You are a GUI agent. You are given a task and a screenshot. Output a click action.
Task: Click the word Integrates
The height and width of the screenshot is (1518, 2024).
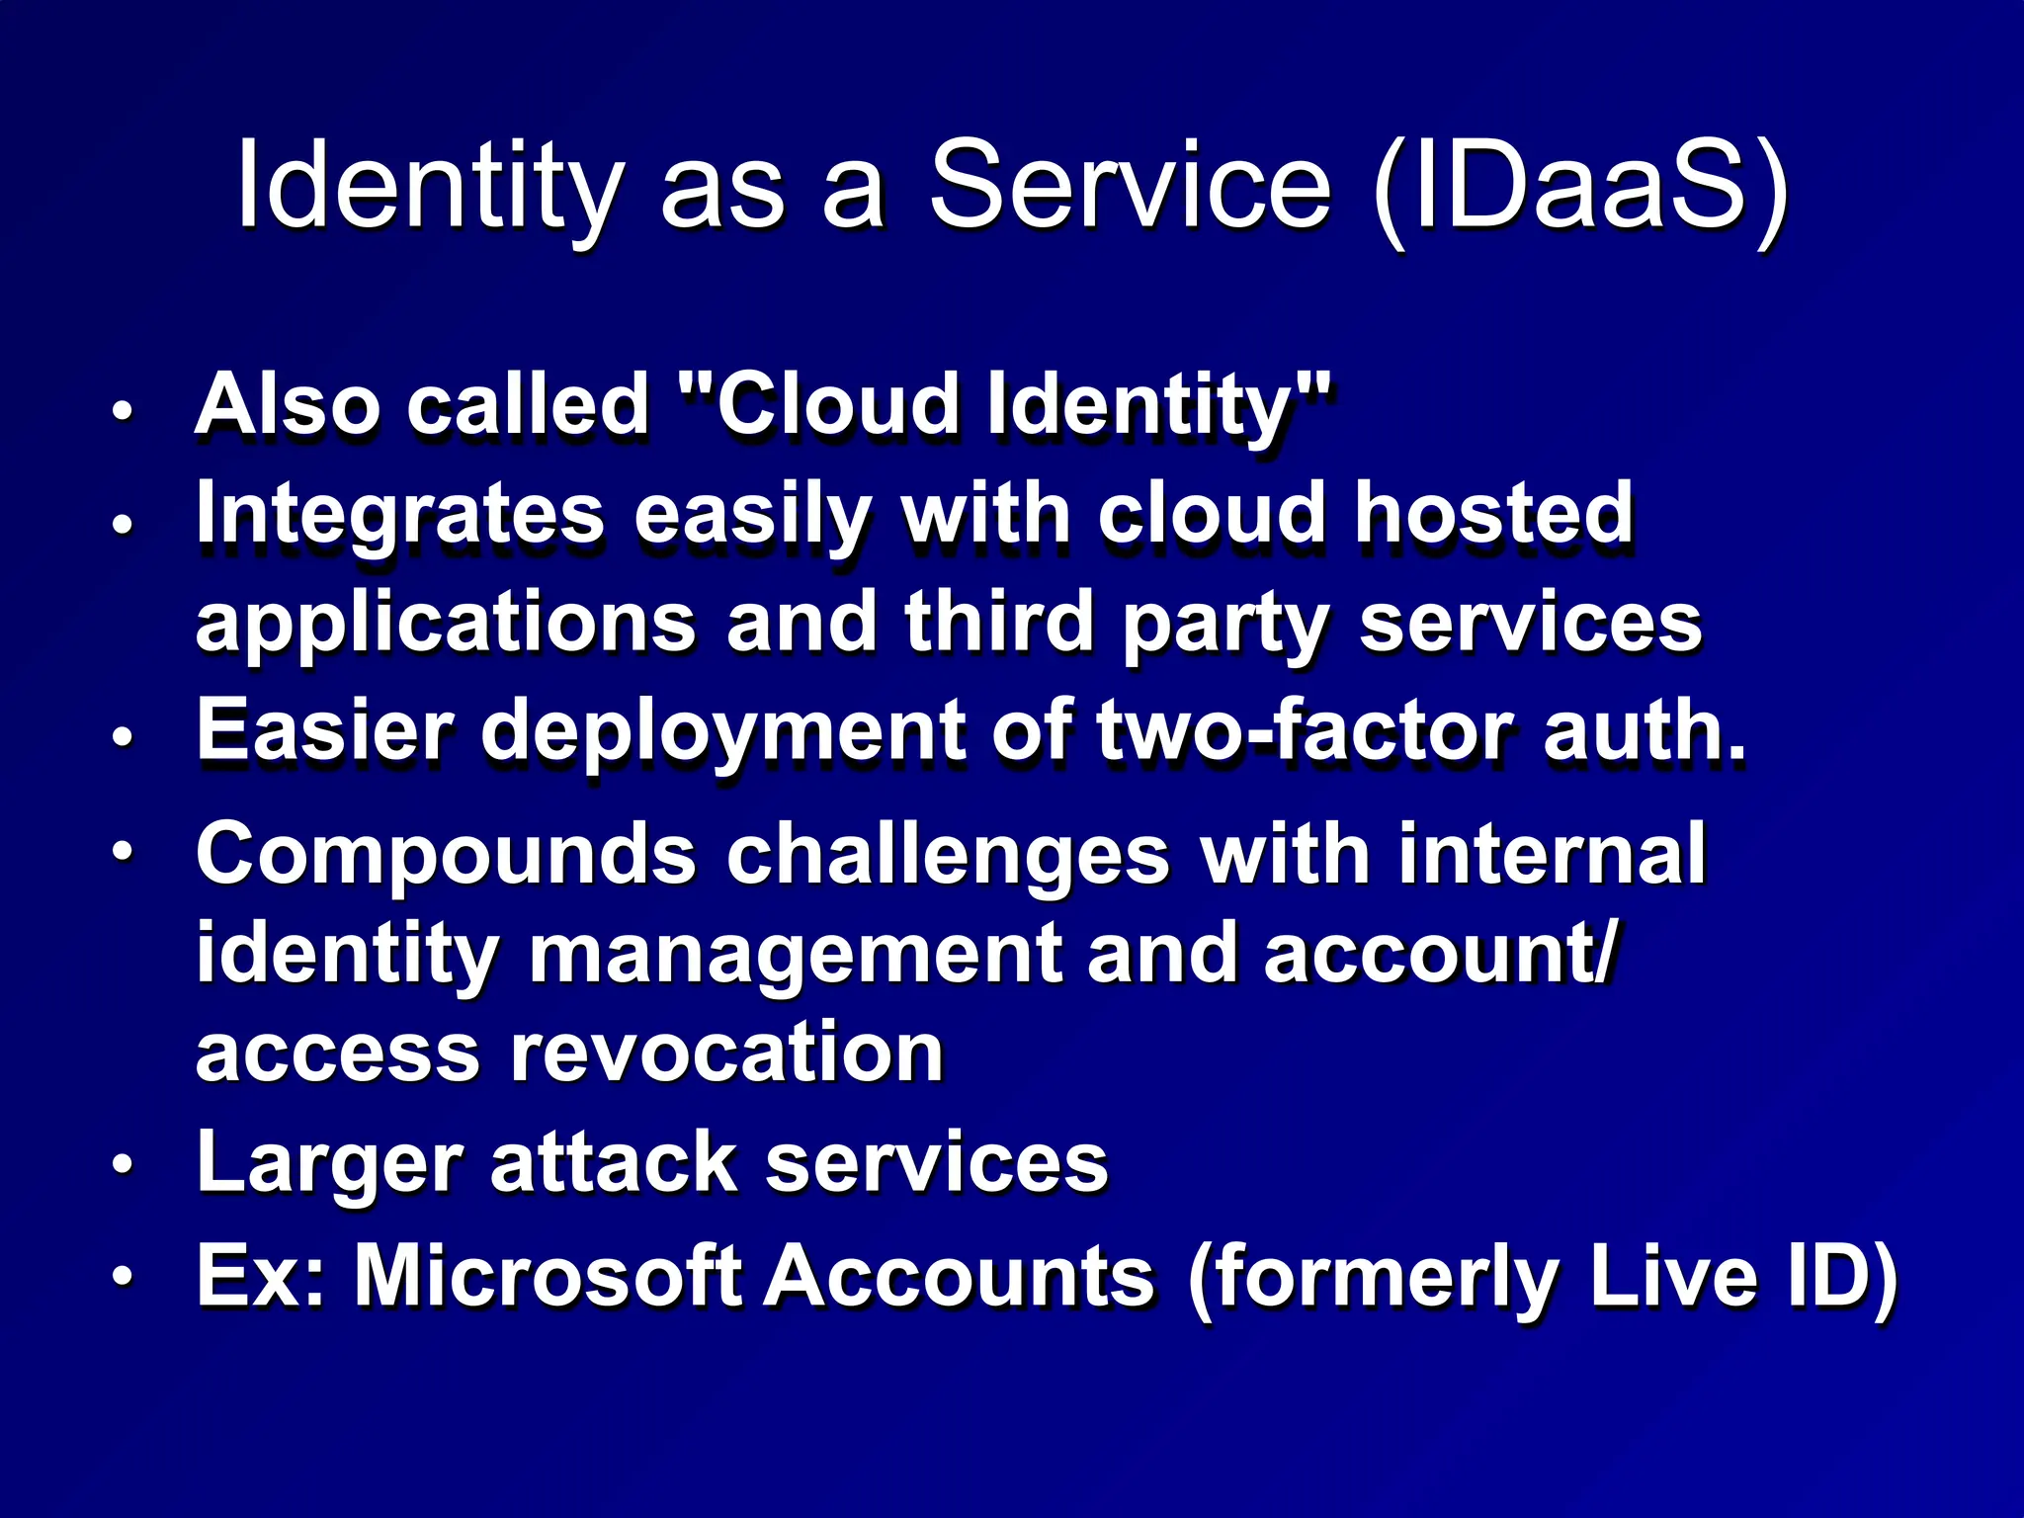tap(399, 514)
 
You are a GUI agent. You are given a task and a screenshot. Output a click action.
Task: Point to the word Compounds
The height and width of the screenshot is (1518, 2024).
tap(446, 854)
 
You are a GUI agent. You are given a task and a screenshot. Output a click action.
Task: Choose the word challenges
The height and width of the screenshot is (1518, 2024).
tap(948, 854)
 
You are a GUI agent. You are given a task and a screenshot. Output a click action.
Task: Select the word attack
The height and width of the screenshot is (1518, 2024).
tap(613, 1162)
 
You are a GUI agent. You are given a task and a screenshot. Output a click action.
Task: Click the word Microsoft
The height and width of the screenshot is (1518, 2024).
tap(548, 1276)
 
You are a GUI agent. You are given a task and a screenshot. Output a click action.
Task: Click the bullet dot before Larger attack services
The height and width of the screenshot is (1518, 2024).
tap(122, 1164)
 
